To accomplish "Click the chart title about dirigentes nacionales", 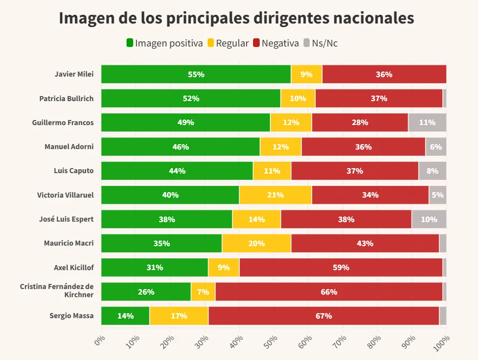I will click(236, 18).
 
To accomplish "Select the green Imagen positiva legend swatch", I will click(130, 43).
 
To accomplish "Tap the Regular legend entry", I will click(228, 43).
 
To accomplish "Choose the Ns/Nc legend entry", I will click(320, 43).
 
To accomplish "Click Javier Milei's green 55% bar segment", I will click(196, 74).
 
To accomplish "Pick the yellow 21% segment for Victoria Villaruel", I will click(275, 195).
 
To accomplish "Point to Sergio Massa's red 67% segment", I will click(323, 316).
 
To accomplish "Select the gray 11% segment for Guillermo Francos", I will click(427, 123).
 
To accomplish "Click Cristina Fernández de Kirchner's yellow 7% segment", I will click(203, 292).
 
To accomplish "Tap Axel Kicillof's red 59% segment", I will click(341, 267).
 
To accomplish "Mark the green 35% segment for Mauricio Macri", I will click(161, 243).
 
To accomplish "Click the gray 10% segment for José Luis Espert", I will click(429, 219).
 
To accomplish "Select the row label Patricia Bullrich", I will click(66, 99).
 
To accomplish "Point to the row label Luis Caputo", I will click(73, 171).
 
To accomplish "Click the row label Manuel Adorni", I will click(69, 147).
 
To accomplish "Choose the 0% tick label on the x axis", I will click(99, 341).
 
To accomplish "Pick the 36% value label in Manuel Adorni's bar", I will click(363, 147).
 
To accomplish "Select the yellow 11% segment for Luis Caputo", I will click(272, 171).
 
